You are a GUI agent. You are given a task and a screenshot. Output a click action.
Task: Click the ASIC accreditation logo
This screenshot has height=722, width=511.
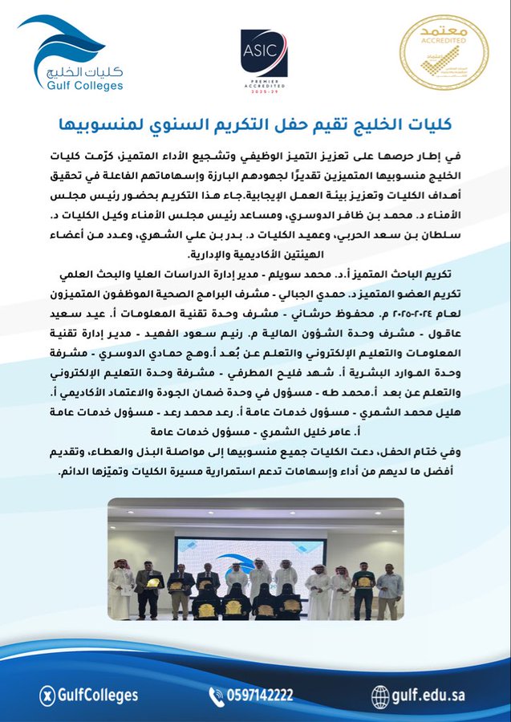point(264,51)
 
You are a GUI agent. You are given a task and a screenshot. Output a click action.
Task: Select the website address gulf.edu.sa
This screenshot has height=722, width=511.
point(429,695)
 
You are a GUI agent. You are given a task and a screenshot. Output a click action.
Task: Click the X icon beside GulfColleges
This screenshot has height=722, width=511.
point(47,695)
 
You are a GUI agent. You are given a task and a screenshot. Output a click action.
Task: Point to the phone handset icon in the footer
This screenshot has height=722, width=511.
point(217,695)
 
